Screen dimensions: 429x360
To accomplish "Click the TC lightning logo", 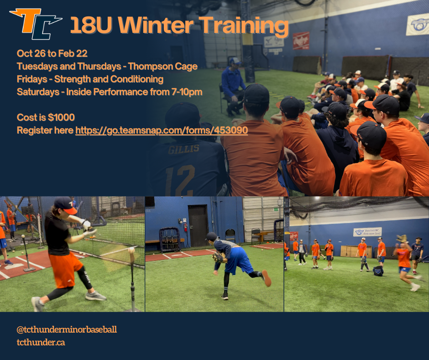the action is pyautogui.click(x=36, y=24).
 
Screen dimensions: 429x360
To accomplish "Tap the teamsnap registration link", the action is pyautogui.click(x=162, y=130).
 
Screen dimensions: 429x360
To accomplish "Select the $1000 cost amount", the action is pyautogui.click(x=61, y=117).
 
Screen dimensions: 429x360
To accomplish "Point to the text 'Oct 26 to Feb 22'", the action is pyautogui.click(x=52, y=53).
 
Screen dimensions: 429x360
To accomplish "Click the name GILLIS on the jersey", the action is pyautogui.click(x=183, y=149).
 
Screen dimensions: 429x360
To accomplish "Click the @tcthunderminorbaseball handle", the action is pyautogui.click(x=67, y=329).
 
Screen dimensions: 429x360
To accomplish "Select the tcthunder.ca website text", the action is pyautogui.click(x=41, y=342).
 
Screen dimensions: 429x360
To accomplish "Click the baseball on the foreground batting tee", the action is pyautogui.click(x=131, y=250).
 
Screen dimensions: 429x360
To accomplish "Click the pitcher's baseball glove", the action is pyautogui.click(x=218, y=258).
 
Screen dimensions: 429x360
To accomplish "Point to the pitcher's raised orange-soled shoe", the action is pyautogui.click(x=266, y=278).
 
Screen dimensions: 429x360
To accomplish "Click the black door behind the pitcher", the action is pyautogui.click(x=198, y=226).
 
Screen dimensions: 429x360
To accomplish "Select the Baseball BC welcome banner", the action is pyautogui.click(x=367, y=232).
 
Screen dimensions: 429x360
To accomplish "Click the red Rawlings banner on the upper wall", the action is pyautogui.click(x=301, y=41).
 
